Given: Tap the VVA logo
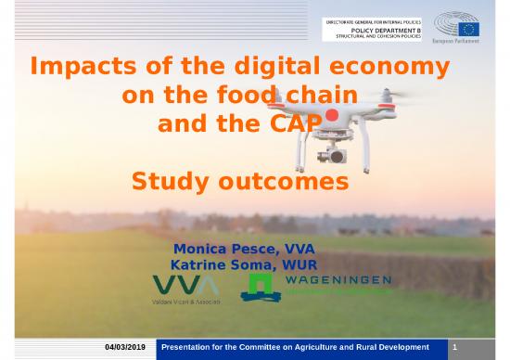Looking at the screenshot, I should pyautogui.click(x=186, y=285).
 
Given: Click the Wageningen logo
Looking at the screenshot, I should pyautogui.click(x=315, y=286).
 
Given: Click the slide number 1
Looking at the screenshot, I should pyautogui.click(x=455, y=347).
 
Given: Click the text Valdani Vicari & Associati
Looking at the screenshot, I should pyautogui.click(x=185, y=303).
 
